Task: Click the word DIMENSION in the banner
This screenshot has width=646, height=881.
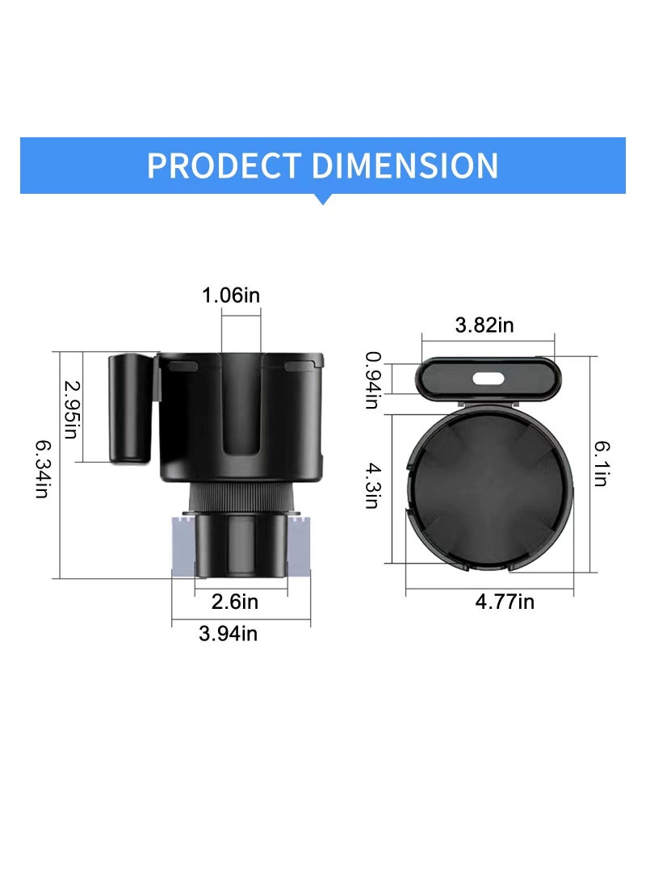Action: (405, 166)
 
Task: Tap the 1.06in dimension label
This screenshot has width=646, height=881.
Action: (231, 296)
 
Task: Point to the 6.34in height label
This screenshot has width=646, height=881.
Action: (42, 468)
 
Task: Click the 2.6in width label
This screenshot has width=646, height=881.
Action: (235, 602)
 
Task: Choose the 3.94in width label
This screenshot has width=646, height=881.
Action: (229, 634)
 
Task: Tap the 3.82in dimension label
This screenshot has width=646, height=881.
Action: (484, 325)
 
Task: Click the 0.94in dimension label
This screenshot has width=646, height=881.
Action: (372, 380)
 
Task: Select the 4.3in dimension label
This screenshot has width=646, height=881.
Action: (372, 485)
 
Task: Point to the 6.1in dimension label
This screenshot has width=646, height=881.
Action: (602, 463)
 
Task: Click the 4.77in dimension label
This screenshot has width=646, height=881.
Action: (505, 602)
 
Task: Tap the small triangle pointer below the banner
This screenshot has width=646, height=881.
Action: (323, 199)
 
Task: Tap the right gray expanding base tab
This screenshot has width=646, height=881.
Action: (298, 546)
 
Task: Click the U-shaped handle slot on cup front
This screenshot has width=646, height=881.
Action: (241, 420)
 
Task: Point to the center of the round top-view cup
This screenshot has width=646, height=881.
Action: (489, 488)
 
